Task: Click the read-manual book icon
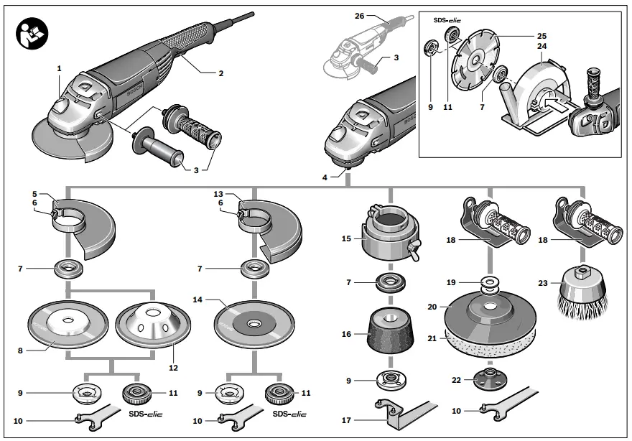32,32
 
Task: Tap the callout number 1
60,68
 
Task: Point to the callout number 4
325,176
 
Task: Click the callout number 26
360,15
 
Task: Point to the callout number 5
34,193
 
